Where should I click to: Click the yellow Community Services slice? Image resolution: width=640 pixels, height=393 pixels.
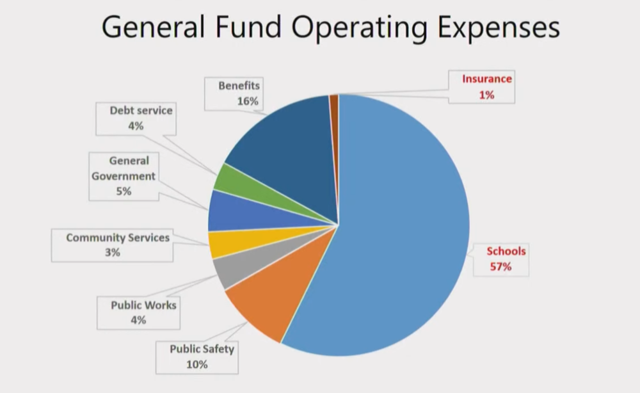(x=221, y=243)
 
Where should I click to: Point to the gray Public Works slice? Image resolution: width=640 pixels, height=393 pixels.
(x=228, y=272)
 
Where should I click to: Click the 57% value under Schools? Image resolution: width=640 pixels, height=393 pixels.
(x=500, y=266)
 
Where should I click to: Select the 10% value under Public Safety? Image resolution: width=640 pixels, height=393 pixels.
(x=197, y=365)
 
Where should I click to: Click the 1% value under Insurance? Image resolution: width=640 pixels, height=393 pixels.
(x=486, y=95)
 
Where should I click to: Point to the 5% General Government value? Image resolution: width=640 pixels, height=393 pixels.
(x=124, y=191)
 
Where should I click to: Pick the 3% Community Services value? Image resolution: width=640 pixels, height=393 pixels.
(x=113, y=253)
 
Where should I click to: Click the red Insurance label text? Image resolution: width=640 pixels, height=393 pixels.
(x=487, y=79)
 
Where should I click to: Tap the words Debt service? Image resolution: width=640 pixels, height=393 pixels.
(x=141, y=110)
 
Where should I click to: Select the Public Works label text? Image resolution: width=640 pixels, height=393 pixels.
(x=143, y=305)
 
